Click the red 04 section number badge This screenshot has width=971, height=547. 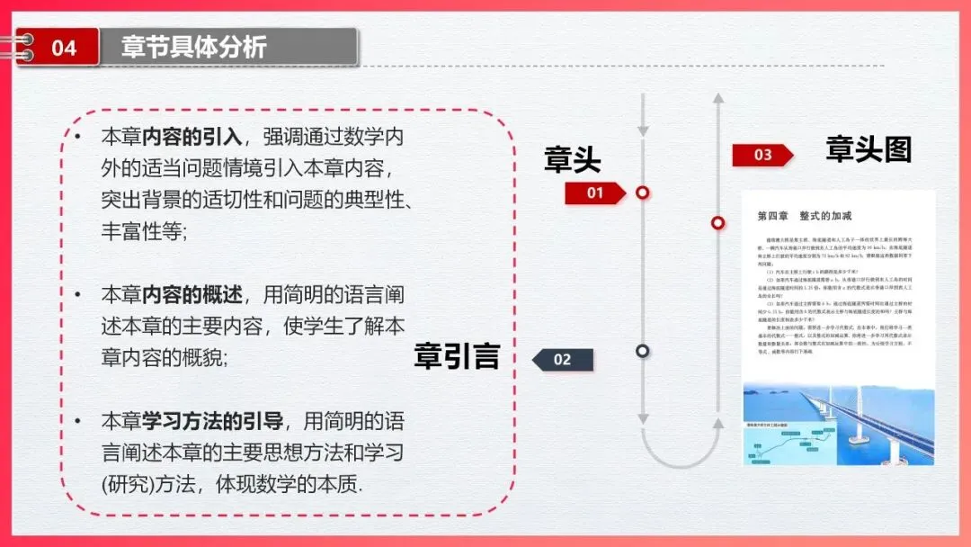[x=63, y=47]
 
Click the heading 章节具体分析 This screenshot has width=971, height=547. [x=194, y=47]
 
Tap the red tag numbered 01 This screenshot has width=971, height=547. [x=595, y=193]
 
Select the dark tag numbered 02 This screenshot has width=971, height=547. [x=563, y=360]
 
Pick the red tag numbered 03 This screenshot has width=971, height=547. [x=762, y=155]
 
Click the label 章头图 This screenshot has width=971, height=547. [x=869, y=149]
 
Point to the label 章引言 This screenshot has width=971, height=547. [x=456, y=356]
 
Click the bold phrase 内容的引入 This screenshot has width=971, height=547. [x=192, y=137]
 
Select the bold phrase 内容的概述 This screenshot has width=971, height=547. [x=192, y=295]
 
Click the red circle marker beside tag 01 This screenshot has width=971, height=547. [x=642, y=193]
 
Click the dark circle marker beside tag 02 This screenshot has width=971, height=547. [x=642, y=351]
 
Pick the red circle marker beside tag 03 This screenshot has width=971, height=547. [x=717, y=222]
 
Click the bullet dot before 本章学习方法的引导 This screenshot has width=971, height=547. [x=79, y=421]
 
